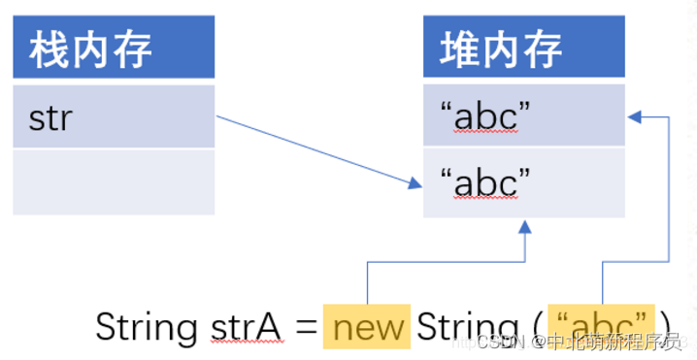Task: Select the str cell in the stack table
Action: coord(113,116)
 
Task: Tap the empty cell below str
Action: coord(113,182)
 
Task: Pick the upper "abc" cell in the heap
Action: coord(523,116)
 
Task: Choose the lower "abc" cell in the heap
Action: coord(523,181)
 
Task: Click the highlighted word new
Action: coord(367,327)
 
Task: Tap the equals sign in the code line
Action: coord(306,328)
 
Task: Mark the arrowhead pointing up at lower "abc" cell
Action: coord(525,226)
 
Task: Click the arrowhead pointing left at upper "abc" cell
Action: coord(635,116)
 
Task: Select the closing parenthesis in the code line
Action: coord(666,327)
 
